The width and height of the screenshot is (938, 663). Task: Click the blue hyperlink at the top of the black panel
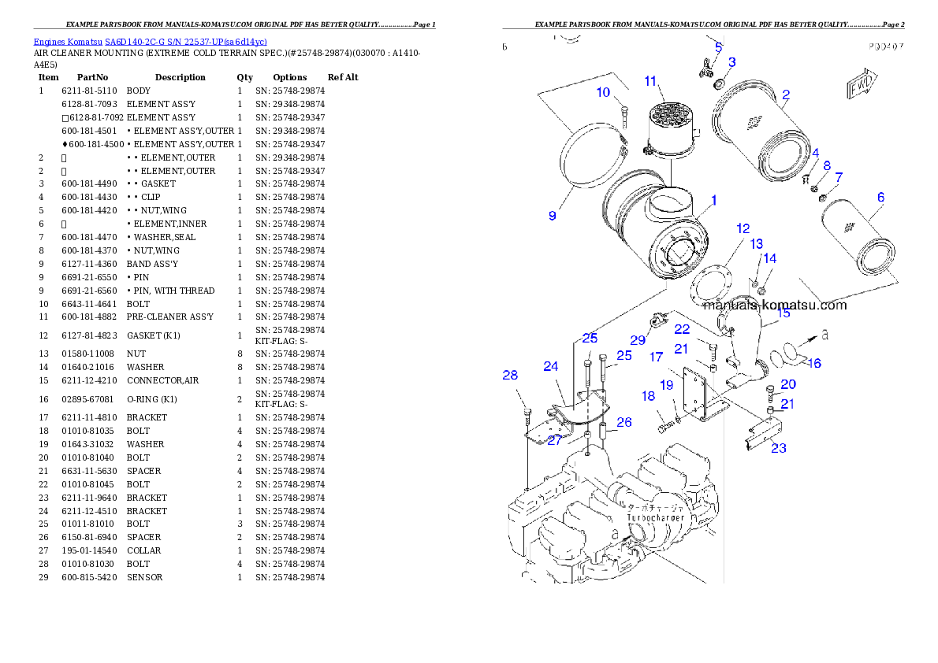point(150,42)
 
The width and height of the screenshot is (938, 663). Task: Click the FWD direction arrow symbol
point(861,85)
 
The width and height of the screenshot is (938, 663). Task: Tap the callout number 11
point(650,80)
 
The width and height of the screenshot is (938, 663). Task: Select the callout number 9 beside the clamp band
point(553,215)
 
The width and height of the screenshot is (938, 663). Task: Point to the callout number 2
point(786,94)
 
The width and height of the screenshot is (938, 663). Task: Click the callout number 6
point(880,197)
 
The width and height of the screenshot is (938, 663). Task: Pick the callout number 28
point(510,376)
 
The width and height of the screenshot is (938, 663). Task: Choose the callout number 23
point(778,448)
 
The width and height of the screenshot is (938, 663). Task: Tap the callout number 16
point(814,363)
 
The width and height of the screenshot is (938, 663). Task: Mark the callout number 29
point(638,340)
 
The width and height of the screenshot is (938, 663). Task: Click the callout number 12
point(743,228)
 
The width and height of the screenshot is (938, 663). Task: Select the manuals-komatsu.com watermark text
point(774,306)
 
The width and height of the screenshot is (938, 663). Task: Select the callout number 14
point(769,258)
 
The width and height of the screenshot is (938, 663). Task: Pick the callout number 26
point(623,422)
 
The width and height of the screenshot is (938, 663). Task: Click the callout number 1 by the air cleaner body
point(713,201)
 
